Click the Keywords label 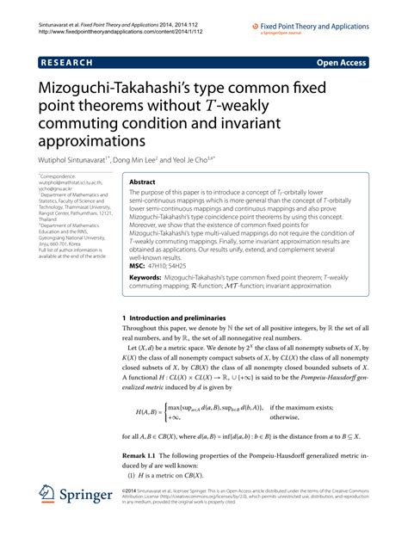148,279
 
